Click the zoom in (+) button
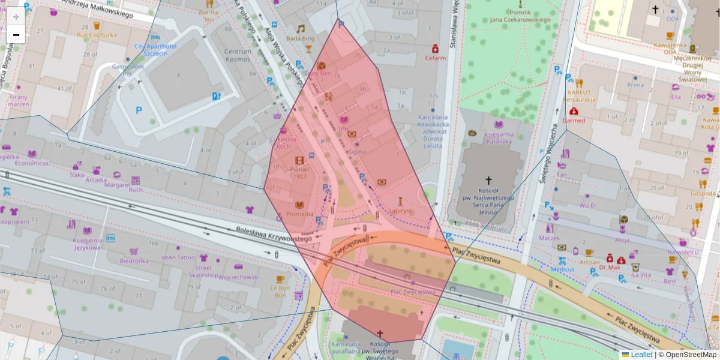16,17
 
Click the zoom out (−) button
16,35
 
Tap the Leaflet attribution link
641,355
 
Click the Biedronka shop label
134,260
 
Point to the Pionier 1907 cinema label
299,173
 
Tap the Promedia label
299,214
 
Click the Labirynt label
400,211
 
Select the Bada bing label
300,38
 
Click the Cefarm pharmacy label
436,58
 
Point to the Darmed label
574,121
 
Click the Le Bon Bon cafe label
281,291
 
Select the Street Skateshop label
203,271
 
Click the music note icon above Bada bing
301,28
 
